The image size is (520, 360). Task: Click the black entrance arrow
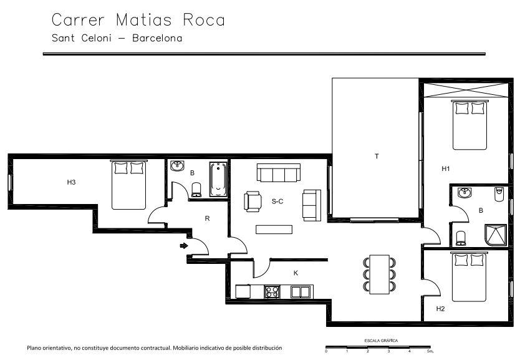(184, 246)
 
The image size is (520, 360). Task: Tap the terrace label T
(377, 156)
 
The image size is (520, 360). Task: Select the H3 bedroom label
(71, 182)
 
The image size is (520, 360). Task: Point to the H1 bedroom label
(446, 169)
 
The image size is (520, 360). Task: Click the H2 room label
(440, 309)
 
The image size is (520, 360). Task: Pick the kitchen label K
(296, 273)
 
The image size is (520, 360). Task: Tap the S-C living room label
(277, 202)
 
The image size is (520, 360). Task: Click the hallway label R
(207, 218)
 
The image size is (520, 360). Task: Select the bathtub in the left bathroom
(218, 179)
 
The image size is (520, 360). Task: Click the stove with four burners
(272, 291)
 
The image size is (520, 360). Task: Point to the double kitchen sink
(301, 292)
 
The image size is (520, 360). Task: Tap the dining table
(379, 275)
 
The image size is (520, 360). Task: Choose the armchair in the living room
(253, 202)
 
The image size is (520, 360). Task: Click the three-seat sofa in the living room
(279, 173)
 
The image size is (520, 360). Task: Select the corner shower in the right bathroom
(496, 235)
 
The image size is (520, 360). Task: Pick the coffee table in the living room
(274, 230)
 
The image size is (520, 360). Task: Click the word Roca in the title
(204, 20)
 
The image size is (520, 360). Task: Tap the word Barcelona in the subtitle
(157, 38)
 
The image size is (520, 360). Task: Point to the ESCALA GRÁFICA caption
(381, 341)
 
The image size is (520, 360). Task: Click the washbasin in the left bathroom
(177, 166)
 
